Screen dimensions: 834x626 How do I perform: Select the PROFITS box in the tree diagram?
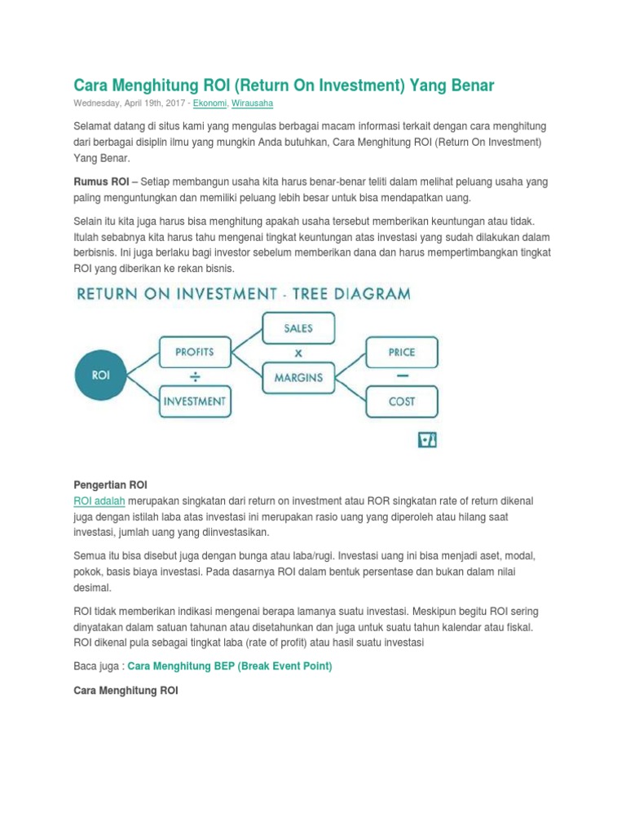(195, 352)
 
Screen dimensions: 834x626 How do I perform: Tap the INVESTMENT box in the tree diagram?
(195, 401)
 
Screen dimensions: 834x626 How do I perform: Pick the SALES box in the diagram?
(298, 328)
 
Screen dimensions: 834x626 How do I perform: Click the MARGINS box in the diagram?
(298, 377)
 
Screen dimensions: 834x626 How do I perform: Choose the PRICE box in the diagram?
(402, 353)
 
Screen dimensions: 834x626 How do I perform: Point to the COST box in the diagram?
(402, 402)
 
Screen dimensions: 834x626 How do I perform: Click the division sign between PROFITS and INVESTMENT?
(195, 376)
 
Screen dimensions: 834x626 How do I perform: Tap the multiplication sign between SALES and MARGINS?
(298, 353)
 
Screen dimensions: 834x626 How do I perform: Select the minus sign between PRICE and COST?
(402, 377)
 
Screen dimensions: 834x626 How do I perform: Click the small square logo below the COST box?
(428, 440)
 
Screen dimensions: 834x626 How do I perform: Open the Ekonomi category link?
(210, 103)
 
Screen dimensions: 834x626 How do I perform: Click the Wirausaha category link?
(253, 103)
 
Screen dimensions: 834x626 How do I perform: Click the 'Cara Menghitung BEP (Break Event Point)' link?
(230, 666)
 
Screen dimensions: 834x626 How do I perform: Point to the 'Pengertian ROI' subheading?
(110, 485)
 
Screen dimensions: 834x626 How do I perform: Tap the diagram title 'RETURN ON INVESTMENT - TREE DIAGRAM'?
(243, 293)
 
